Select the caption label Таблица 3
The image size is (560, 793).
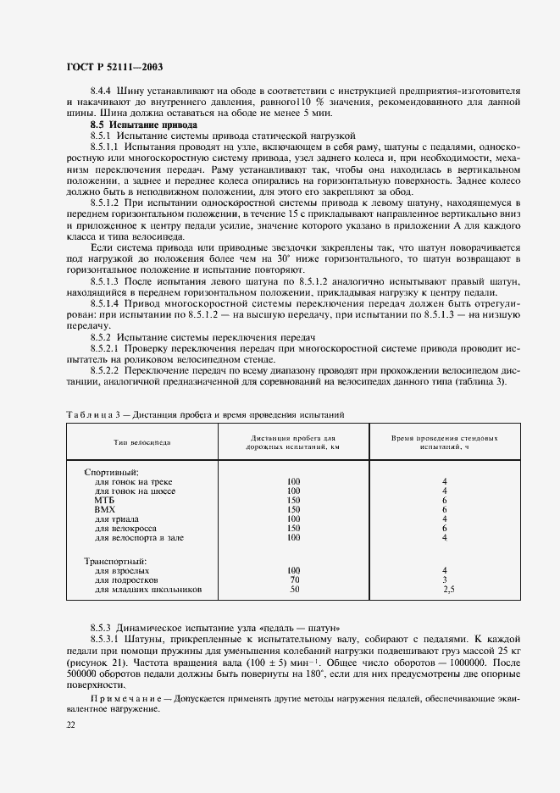[95, 414]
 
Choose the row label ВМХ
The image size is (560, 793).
[105, 510]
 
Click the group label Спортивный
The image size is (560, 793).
[110, 471]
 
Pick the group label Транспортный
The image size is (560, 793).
[115, 561]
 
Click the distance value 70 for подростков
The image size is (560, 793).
[294, 580]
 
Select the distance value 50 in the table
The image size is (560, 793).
[294, 590]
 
